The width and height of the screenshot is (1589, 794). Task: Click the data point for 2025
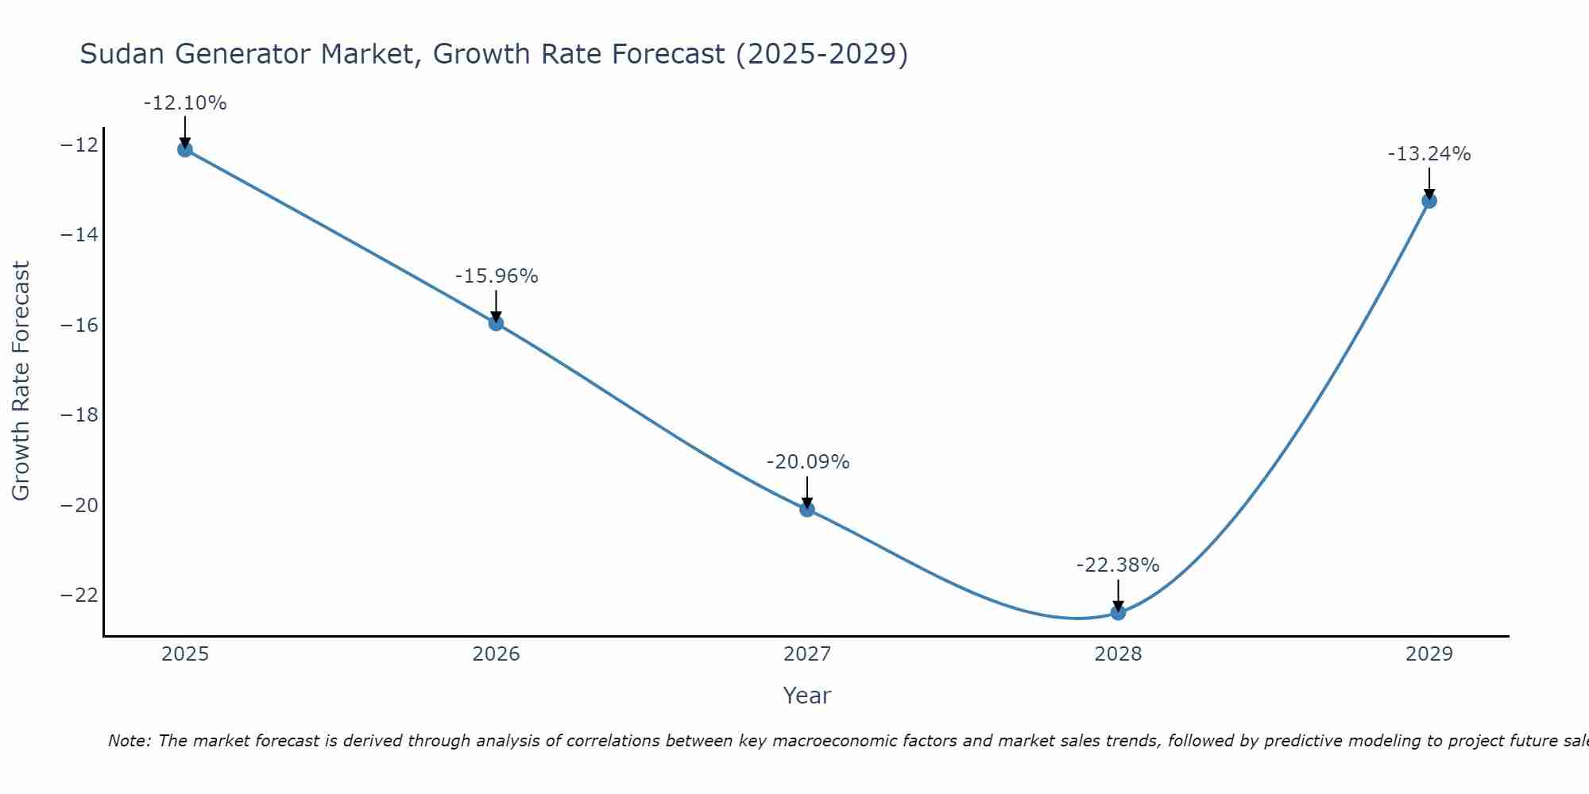185,149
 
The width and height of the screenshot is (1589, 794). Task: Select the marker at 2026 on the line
496,323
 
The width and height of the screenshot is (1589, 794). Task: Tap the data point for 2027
807,509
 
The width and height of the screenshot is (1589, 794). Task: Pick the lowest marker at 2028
1118,612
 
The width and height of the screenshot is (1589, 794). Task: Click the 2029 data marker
1429,201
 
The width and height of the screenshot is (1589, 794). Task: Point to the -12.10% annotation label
185,103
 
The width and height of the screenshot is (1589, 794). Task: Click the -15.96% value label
497,276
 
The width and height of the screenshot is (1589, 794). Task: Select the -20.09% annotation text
808,462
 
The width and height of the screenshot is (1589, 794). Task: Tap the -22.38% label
1118,565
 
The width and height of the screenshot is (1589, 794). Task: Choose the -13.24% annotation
1429,154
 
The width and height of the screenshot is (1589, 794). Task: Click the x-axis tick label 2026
496,654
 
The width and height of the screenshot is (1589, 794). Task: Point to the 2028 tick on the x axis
1118,654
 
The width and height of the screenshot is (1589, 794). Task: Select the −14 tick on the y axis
78,235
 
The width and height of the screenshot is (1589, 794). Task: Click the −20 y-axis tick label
78,506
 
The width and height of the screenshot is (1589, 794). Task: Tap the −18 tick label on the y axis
78,415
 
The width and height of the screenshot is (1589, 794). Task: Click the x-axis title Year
806,696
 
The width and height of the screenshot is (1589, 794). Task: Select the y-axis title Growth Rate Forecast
21,381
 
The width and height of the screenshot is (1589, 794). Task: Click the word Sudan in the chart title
123,54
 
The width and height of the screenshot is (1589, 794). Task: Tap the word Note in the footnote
128,741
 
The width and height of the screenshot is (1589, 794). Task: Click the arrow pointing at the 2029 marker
1429,182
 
